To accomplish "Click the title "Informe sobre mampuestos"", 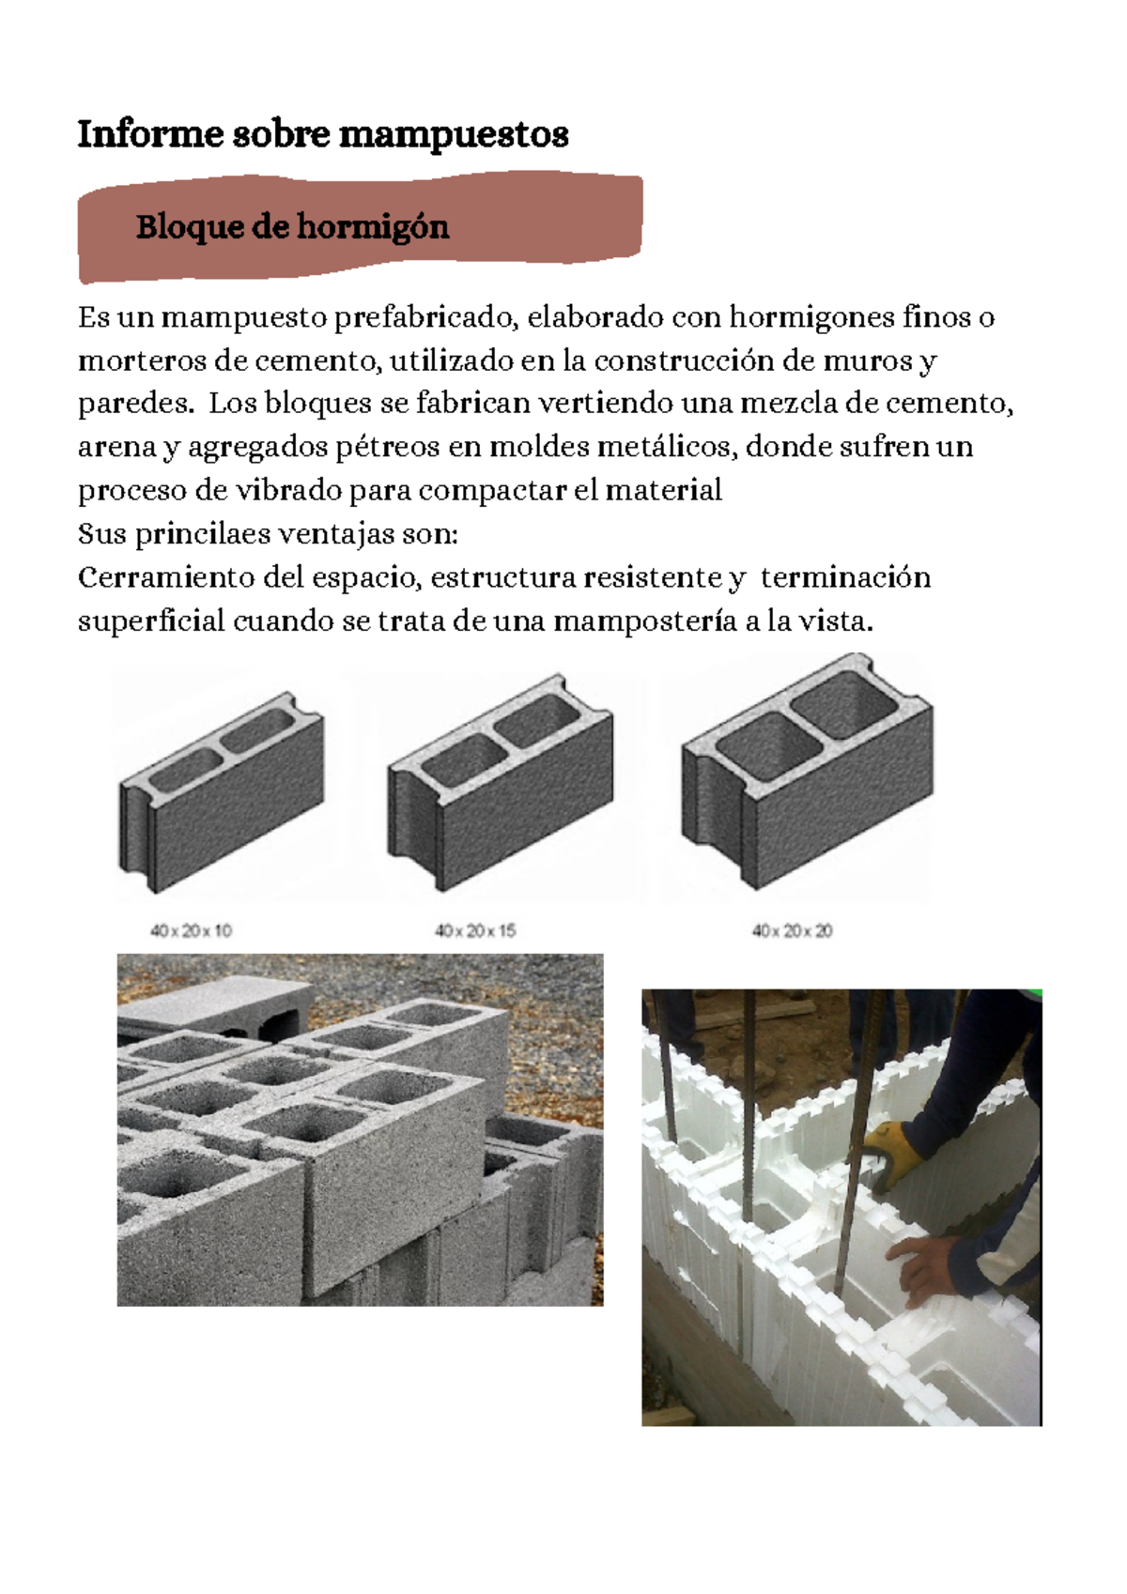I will coord(322,134).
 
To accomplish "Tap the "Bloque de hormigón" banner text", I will coord(292,226).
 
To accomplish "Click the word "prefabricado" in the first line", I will coord(425,317).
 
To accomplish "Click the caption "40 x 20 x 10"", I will coord(191,931).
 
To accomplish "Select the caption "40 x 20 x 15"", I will coord(474,931).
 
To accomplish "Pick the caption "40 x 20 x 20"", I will coord(792,931).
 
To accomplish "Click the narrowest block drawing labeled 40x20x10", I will coord(222,793).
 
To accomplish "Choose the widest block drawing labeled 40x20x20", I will coord(808,774).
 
